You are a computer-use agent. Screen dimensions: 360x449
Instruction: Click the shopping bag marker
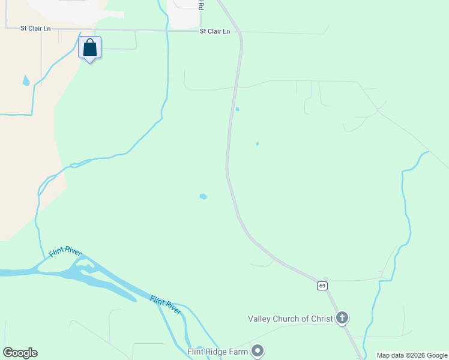(x=90, y=48)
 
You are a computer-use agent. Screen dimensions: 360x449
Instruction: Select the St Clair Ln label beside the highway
(x=215, y=31)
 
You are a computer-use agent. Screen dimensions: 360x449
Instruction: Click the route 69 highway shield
(x=322, y=286)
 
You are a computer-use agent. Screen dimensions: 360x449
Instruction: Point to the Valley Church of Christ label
(x=291, y=319)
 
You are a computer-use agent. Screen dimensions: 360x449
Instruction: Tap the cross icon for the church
(x=342, y=318)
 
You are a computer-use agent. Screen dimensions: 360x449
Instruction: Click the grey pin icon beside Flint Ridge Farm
(x=258, y=350)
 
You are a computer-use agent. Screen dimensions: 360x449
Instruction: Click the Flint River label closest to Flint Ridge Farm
(x=166, y=305)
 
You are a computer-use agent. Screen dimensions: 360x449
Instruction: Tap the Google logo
(x=20, y=353)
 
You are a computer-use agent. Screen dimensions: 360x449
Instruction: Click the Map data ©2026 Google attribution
(x=412, y=355)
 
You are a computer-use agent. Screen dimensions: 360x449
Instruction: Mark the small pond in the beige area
(x=26, y=80)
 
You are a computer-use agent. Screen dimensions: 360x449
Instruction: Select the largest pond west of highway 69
(x=203, y=196)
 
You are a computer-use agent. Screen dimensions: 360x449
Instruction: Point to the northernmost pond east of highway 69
(x=237, y=109)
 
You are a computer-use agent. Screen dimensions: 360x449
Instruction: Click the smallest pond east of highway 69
(x=258, y=144)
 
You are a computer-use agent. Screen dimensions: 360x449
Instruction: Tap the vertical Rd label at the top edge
(x=201, y=5)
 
